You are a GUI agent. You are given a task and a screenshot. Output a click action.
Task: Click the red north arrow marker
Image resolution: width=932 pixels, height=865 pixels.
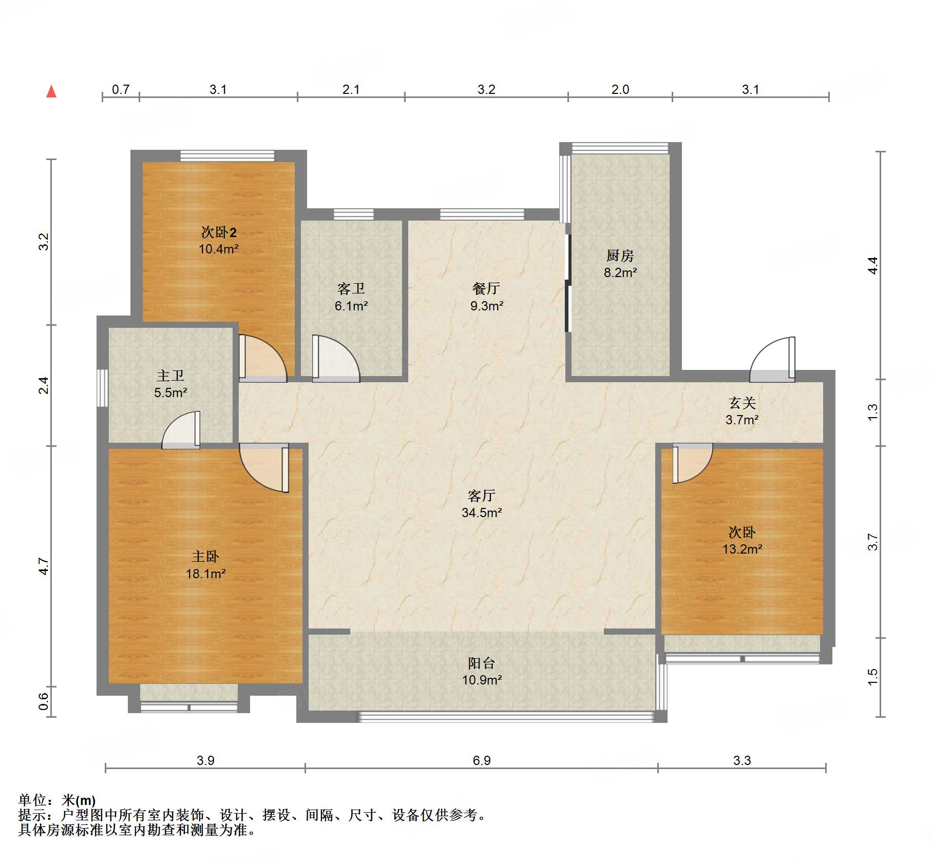point(51,92)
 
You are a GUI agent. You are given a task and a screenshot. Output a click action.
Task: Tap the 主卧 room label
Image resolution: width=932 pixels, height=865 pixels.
point(205,557)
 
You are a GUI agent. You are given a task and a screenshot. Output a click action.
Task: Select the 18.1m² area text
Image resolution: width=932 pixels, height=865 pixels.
point(205,574)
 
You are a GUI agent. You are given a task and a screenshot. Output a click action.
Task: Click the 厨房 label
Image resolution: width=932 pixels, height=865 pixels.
point(620,255)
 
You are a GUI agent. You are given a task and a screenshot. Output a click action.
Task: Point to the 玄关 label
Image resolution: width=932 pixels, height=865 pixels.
point(742,403)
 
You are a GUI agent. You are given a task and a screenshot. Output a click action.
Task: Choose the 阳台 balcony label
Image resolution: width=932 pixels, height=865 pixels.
point(482,663)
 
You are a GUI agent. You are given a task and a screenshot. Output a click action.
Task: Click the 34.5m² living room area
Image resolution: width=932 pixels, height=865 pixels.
point(482,513)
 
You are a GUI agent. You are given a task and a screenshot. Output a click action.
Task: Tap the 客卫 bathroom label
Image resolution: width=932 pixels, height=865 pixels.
point(351,289)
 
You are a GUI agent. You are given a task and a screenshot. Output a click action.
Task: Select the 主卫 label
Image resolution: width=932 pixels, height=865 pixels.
point(170,376)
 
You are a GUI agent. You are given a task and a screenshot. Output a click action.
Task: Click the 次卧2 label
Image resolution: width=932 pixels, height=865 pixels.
point(219,232)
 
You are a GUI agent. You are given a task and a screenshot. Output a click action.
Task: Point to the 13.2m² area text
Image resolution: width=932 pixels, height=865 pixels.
point(742,549)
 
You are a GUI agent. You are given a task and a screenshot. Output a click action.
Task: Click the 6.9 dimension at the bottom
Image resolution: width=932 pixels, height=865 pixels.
point(482,760)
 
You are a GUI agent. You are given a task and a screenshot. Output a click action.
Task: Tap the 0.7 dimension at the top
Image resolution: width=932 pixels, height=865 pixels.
point(121,89)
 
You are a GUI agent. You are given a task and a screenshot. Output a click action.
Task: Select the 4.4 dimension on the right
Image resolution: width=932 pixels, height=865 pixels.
point(872,265)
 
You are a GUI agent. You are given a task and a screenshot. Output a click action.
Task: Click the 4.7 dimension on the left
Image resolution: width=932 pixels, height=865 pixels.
point(44,566)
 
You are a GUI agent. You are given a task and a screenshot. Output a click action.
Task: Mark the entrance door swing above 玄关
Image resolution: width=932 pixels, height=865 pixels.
point(772,359)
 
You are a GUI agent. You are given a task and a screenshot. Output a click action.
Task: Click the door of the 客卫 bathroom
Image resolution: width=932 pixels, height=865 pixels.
point(336,359)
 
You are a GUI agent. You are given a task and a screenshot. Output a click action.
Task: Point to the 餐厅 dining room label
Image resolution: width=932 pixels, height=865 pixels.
point(486,289)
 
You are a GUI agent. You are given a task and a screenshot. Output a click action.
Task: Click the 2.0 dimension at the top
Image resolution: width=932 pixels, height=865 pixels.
point(620,89)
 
